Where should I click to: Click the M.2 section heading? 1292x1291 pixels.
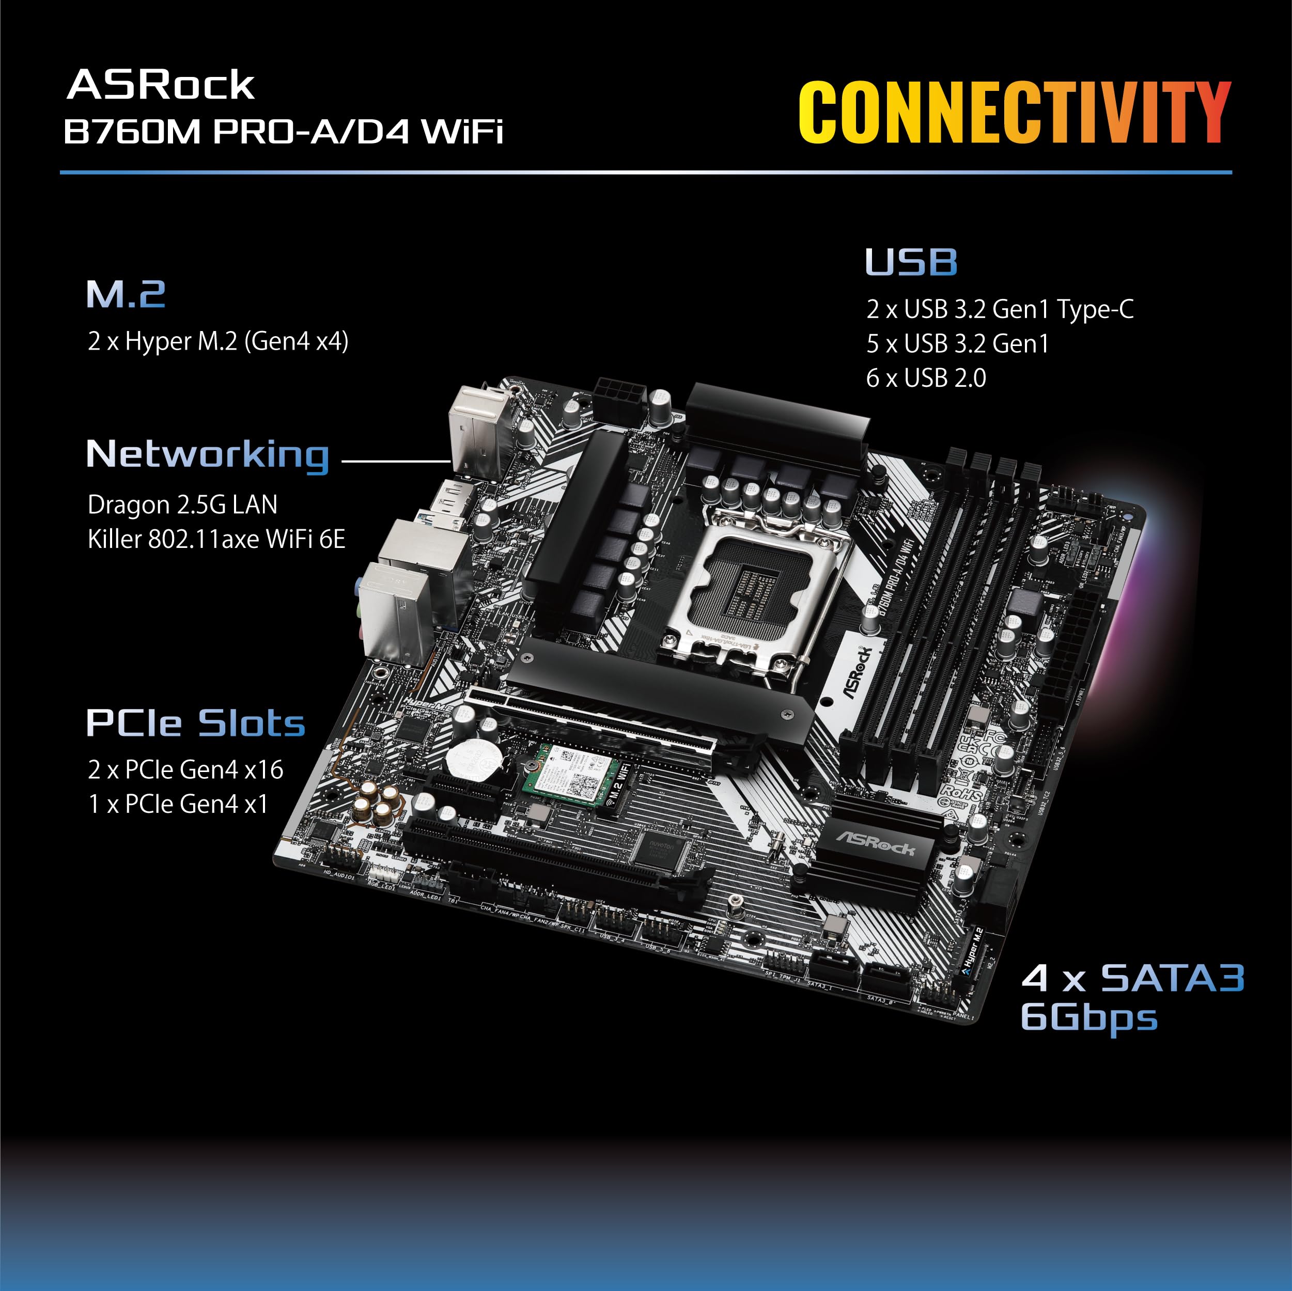pos(126,294)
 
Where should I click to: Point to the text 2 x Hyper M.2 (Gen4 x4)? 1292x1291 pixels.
pos(218,342)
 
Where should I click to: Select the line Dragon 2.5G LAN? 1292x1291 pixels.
pos(182,505)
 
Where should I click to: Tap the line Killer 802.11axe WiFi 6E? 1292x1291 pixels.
pos(216,539)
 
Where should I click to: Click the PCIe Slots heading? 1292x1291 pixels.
pos(195,723)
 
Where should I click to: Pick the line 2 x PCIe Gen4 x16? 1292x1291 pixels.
pos(185,770)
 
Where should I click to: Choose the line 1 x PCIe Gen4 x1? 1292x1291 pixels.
pos(178,804)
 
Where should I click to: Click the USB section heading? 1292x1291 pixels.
pos(911,262)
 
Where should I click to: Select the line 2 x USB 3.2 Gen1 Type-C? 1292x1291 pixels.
pos(1000,309)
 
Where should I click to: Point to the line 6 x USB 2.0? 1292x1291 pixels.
pos(926,379)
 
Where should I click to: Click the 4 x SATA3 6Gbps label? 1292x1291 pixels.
pos(1131,998)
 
